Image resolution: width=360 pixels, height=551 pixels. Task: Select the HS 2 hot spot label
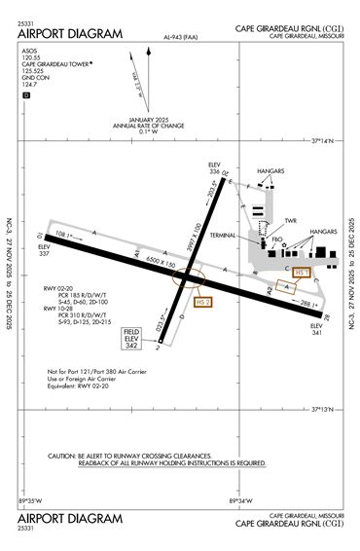[202, 303]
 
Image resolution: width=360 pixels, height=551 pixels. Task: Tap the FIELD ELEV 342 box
[131, 339]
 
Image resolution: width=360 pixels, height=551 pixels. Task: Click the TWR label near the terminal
[290, 220]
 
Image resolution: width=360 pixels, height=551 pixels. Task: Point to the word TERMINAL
[236, 236]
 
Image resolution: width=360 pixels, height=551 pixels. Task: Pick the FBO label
[277, 239]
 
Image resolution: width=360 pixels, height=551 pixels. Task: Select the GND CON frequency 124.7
[30, 85]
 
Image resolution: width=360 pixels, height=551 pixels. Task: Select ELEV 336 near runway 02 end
[216, 168]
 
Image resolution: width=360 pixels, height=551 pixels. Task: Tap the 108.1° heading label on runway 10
[65, 236]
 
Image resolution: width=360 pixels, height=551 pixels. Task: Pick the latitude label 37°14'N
[322, 141]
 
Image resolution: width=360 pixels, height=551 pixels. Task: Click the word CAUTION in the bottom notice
[64, 457]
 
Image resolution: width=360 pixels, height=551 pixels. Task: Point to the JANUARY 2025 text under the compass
[146, 120]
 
